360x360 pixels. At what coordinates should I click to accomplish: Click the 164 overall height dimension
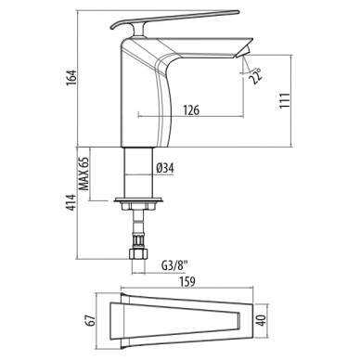pyautogui.click(x=71, y=80)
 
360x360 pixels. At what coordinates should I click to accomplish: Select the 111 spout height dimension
pyautogui.click(x=285, y=100)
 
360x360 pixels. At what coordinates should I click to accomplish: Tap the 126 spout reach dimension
pyautogui.click(x=191, y=110)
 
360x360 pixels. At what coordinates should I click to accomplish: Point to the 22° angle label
pyautogui.click(x=256, y=76)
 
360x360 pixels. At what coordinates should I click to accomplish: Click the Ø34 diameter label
pyautogui.click(x=165, y=168)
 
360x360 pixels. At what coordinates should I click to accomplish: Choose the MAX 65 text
pyautogui.click(x=84, y=174)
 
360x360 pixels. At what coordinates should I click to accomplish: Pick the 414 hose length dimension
pyautogui.click(x=71, y=202)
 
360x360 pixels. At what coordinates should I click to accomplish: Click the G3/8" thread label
pyautogui.click(x=174, y=265)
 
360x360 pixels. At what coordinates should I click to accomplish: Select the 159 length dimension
pyautogui.click(x=186, y=281)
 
